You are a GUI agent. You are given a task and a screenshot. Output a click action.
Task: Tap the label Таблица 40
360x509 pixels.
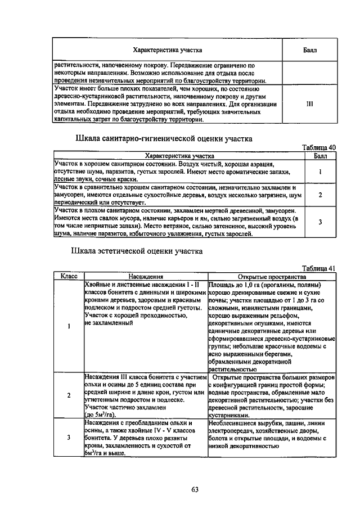tap(318, 147)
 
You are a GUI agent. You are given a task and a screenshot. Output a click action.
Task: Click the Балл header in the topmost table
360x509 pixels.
tap(309, 50)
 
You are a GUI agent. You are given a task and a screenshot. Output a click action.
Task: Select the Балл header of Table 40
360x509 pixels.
tap(320, 155)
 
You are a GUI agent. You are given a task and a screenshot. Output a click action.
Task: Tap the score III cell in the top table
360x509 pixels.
tap(309, 104)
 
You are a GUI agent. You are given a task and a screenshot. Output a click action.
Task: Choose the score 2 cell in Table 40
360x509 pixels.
tap(320, 195)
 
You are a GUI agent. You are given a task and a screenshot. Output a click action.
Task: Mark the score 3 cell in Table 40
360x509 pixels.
tap(320, 222)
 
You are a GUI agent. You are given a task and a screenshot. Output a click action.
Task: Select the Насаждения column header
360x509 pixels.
tap(145, 276)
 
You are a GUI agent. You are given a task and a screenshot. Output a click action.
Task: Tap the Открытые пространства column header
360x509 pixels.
tap(272, 276)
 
